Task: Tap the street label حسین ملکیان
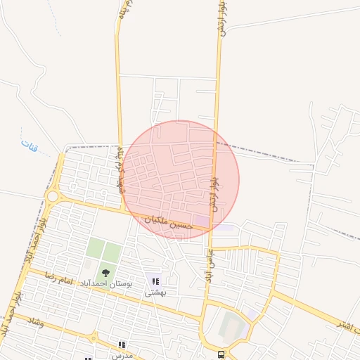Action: coord(169,224)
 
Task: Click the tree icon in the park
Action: coord(105,272)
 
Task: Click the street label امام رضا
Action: coord(56,277)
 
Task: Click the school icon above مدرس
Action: coord(122,345)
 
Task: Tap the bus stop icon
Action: coord(221,354)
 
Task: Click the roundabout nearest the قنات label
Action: coord(52,196)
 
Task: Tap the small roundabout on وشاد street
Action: coord(93,338)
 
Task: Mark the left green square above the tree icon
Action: coord(95,247)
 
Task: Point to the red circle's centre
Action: coord(180,179)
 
